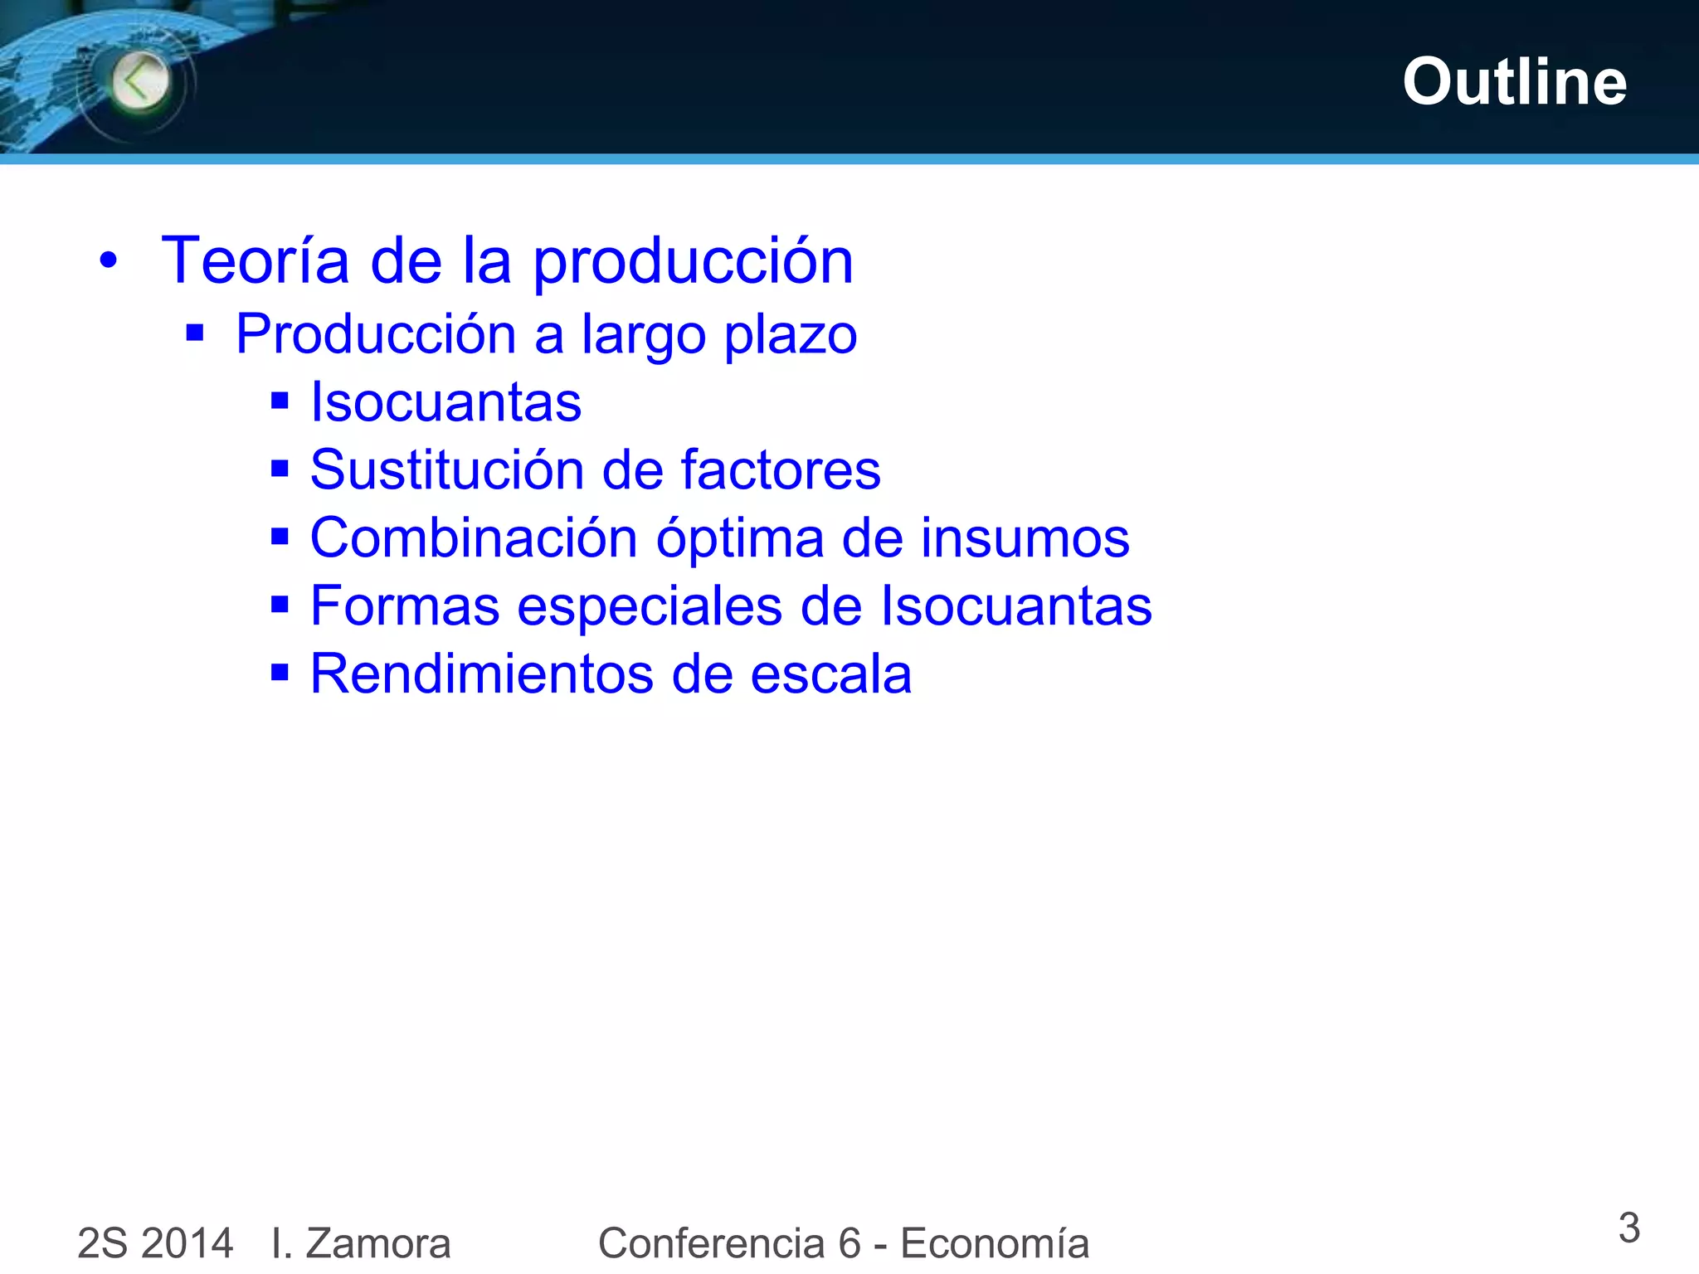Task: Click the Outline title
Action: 1514,82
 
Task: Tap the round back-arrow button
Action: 140,81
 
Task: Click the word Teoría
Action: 255,260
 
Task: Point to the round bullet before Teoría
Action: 109,261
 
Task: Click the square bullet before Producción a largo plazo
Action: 195,333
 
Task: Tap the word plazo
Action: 791,335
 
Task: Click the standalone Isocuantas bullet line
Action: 445,402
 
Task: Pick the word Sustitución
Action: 446,469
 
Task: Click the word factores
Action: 781,469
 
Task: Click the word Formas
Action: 405,605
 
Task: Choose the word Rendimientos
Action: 481,673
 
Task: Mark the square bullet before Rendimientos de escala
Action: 280,672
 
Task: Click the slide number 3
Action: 1628,1228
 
